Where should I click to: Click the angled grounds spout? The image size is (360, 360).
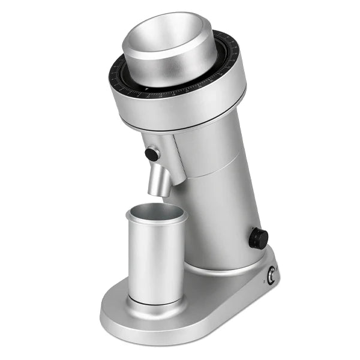[160, 180]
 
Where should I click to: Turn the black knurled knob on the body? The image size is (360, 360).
[259, 238]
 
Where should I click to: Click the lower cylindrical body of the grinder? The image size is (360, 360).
[222, 222]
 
